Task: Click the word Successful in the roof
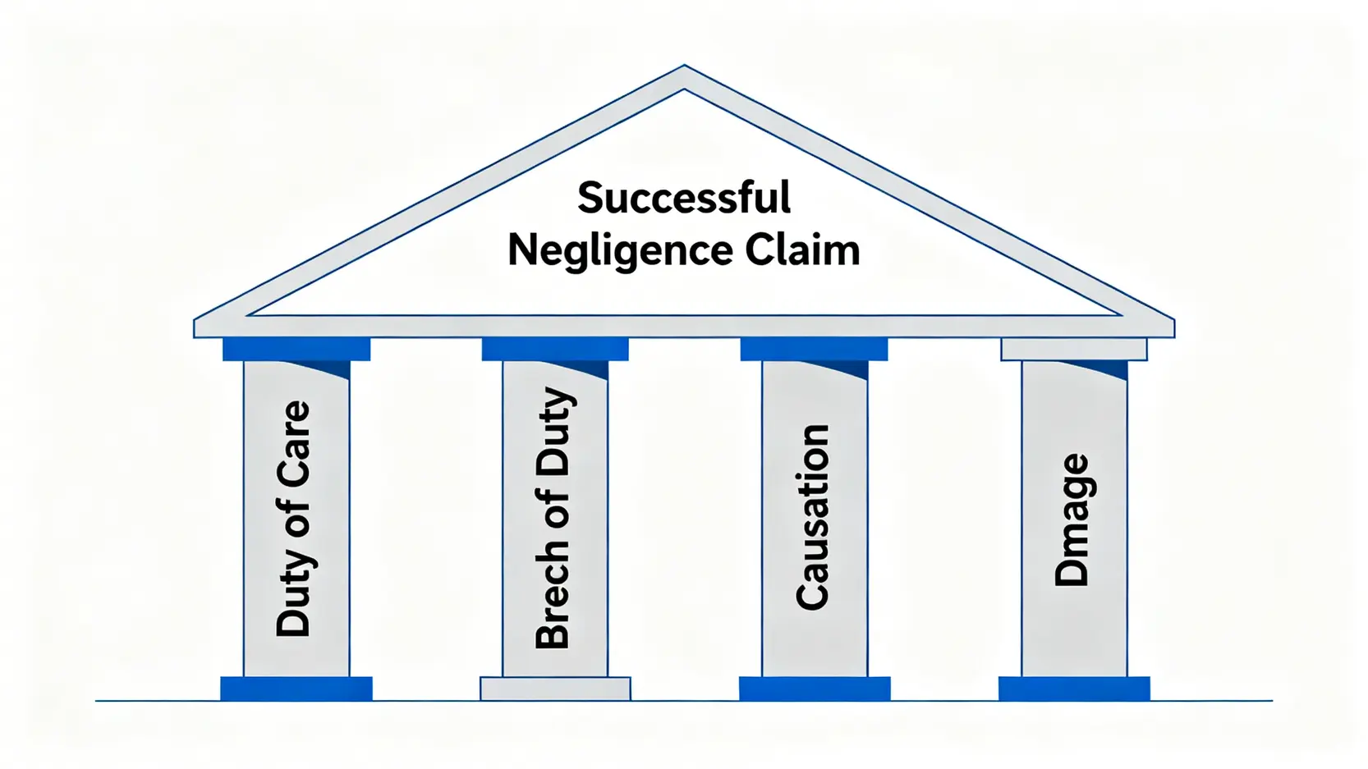684,198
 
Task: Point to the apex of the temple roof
684,68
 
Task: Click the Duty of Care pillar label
295,519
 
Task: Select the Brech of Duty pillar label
554,519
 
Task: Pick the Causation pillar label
813,517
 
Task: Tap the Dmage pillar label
1072,520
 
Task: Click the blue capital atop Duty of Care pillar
296,350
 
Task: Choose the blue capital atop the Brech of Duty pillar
555,350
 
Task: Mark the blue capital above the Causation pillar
814,350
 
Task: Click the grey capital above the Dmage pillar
1073,350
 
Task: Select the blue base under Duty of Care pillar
296,689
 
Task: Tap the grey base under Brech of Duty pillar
555,689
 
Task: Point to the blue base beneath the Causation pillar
815,689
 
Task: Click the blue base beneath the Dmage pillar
1074,689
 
